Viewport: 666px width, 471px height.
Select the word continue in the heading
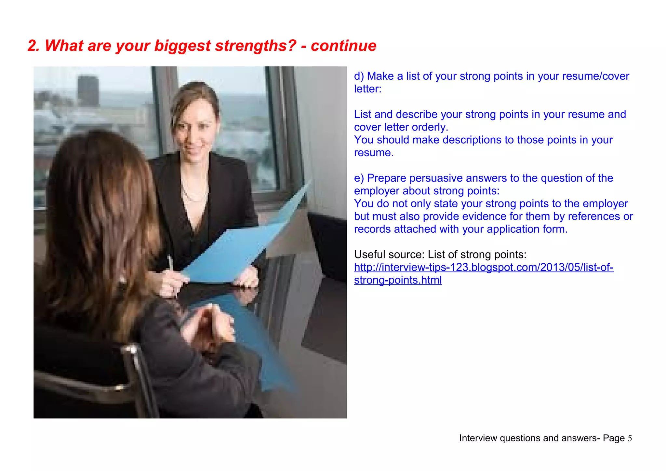(343, 46)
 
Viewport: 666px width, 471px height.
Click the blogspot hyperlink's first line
(484, 267)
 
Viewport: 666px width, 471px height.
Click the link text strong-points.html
(398, 280)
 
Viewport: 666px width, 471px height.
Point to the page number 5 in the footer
(630, 438)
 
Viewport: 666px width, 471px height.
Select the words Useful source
(389, 255)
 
